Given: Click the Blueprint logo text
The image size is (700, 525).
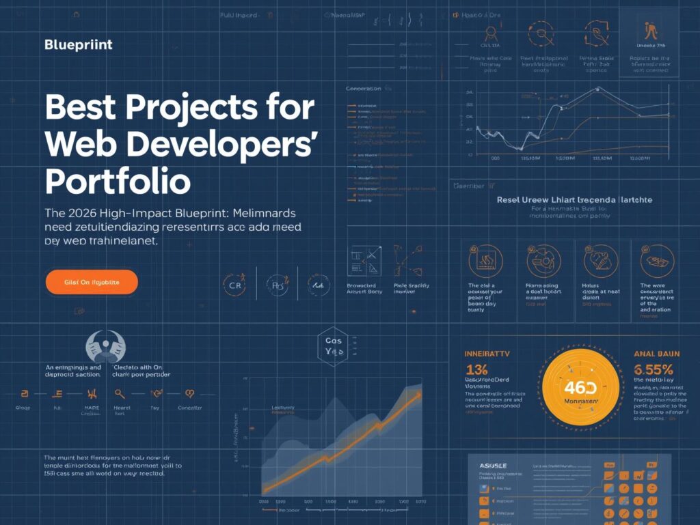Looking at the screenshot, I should tap(78, 46).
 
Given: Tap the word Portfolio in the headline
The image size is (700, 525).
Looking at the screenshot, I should tap(118, 182).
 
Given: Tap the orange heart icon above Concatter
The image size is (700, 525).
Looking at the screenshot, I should tap(189, 393).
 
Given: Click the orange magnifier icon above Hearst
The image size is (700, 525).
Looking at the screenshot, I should tap(120, 393).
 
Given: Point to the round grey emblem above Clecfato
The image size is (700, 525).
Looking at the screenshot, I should tap(105, 346).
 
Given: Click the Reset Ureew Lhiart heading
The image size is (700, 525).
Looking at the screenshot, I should tap(574, 200).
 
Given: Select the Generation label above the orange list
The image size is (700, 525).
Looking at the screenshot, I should tap(364, 89).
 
